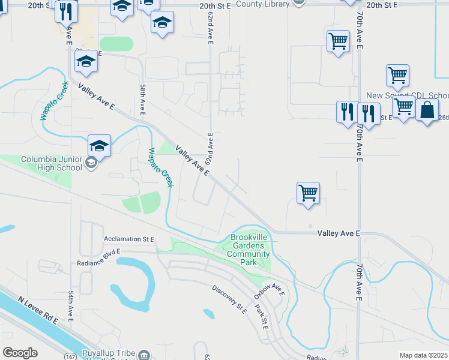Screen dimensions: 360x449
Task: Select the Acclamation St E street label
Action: [x=128, y=239]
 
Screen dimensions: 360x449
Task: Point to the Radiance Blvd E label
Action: [x=99, y=258]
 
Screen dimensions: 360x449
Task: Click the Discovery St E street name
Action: [x=229, y=298]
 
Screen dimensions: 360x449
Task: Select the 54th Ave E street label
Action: [x=71, y=305]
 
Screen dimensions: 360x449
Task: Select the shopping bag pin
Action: [x=427, y=110]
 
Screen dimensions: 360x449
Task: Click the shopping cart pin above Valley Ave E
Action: [x=308, y=193]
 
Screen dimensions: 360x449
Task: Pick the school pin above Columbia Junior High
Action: [x=99, y=145]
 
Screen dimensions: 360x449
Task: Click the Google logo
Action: [x=20, y=353]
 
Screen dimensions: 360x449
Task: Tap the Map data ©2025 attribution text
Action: [x=423, y=355]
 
